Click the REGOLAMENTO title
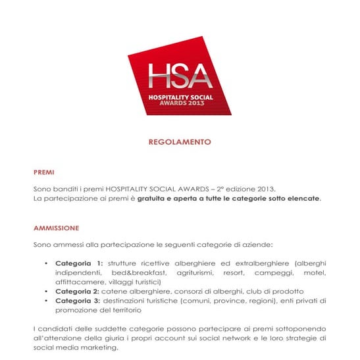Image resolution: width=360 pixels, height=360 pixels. pos(180,141)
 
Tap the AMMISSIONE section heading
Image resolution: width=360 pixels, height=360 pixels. pos(56,228)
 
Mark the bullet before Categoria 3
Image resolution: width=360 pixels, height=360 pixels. pos(47,300)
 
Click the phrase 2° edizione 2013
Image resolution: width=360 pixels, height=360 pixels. pos(247,189)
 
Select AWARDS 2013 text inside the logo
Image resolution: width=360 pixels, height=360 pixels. pos(180,103)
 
